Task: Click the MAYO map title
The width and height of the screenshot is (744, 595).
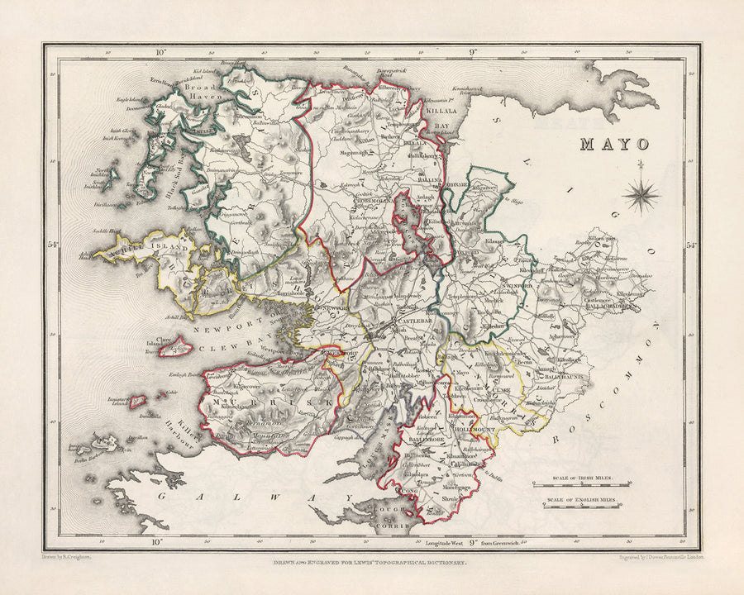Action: point(613,144)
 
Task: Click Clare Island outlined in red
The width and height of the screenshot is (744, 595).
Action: point(176,347)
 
